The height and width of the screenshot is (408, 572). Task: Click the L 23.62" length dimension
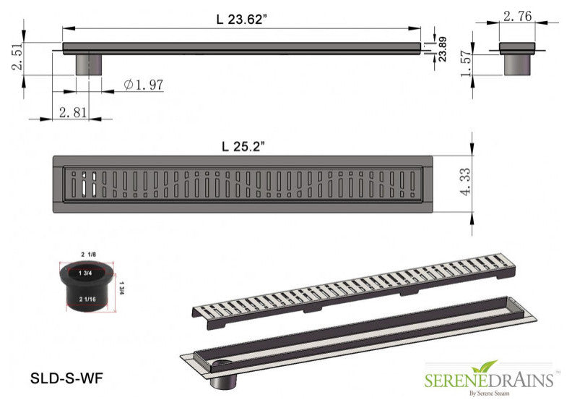(x=239, y=20)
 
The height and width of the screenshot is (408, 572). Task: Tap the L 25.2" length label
(x=243, y=146)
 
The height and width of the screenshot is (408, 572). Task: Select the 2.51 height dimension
(x=17, y=56)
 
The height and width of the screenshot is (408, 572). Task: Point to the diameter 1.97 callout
(x=144, y=85)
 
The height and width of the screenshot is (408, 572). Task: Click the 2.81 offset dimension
(x=73, y=112)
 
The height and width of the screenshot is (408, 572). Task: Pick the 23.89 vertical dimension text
(x=442, y=48)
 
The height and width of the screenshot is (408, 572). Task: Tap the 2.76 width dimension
(x=517, y=16)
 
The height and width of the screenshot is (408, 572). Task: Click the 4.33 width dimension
(x=465, y=182)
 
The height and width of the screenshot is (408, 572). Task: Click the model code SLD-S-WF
(x=66, y=378)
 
